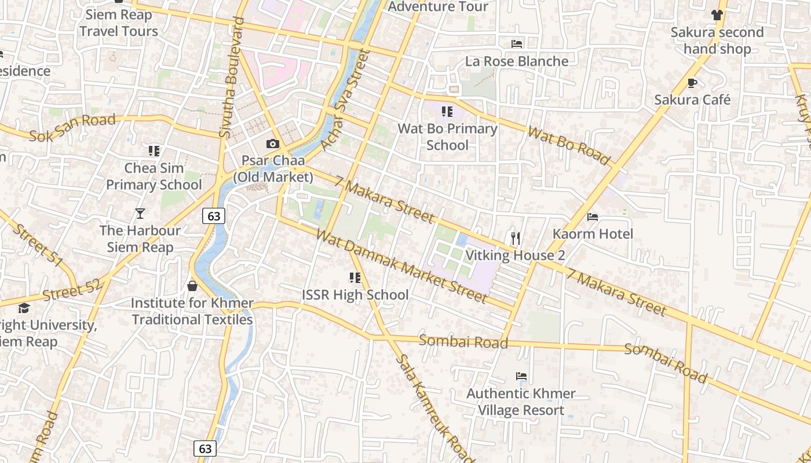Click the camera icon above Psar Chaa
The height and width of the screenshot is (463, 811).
[272, 144]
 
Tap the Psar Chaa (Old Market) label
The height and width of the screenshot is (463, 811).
[273, 168]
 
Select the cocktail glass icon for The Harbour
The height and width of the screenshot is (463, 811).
[140, 214]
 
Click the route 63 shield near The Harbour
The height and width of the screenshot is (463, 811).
[214, 216]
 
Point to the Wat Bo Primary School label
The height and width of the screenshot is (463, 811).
[447, 137]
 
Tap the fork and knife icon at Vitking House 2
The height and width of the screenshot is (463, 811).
[516, 238]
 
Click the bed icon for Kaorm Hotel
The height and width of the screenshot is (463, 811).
[593, 217]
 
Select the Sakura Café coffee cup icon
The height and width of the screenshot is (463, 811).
[692, 83]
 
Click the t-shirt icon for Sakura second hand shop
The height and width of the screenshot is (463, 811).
[717, 15]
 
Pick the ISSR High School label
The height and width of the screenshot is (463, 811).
[355, 295]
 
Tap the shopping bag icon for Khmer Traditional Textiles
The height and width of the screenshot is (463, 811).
[192, 286]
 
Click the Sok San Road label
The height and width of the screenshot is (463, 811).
[72, 128]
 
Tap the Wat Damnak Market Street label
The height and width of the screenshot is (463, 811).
[401, 267]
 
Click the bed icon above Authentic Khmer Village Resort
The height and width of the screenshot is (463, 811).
[521, 376]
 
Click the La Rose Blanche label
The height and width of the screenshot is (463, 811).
[517, 61]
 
